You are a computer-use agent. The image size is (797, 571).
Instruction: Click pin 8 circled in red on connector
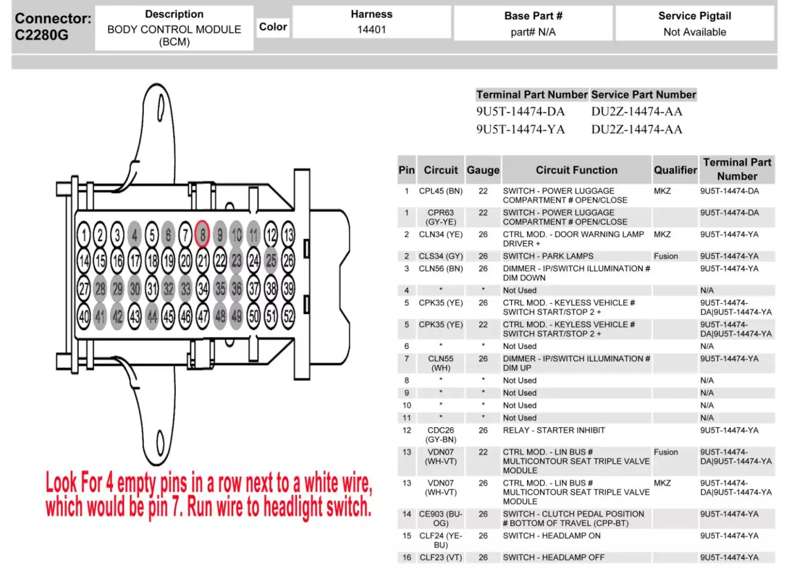(202, 234)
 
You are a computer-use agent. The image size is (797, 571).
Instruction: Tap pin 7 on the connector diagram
(185, 234)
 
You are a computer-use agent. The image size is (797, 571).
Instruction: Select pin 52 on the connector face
(288, 316)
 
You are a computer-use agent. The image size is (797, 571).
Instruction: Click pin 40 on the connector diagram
(84, 316)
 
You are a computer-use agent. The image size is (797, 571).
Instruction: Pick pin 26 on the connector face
(288, 261)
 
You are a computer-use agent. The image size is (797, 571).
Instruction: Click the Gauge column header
(483, 170)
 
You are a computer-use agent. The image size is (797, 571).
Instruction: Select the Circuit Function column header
(576, 170)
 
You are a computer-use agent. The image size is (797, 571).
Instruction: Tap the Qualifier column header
(675, 170)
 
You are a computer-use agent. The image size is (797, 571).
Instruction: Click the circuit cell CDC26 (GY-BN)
(441, 435)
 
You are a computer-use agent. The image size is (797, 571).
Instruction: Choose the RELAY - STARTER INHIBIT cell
(553, 430)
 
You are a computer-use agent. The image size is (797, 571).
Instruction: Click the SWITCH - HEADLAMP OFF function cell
(553, 557)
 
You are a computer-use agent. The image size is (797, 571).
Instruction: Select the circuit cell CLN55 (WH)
(441, 363)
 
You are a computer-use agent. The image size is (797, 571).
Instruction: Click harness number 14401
(371, 30)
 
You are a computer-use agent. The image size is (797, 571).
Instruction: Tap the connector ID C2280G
(42, 35)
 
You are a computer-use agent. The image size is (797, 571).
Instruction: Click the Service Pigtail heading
(694, 16)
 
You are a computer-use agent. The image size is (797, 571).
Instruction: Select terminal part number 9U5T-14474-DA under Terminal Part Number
(520, 112)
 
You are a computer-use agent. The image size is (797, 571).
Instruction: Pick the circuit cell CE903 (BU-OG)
(441, 518)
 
